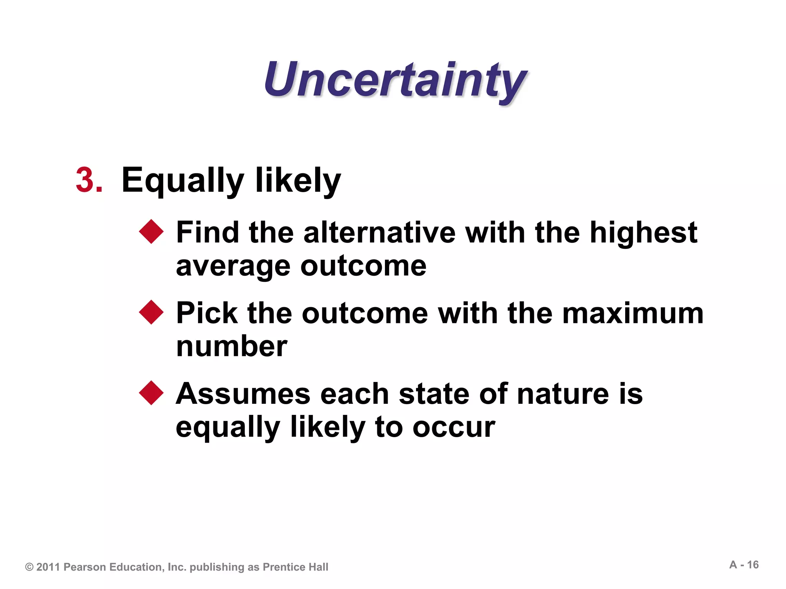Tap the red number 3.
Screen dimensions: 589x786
tap(89, 180)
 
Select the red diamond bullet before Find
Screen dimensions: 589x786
tap(151, 232)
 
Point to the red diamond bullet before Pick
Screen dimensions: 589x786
tap(151, 312)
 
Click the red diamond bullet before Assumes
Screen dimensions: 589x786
tap(151, 393)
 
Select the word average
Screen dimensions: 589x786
tap(233, 266)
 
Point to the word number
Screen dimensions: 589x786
tap(231, 346)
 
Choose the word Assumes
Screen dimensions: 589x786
tap(243, 394)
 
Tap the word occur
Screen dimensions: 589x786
tap(454, 427)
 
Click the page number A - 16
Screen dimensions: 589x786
tap(744, 565)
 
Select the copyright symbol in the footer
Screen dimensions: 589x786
tap(29, 567)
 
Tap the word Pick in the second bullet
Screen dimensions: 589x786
tap(206, 313)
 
